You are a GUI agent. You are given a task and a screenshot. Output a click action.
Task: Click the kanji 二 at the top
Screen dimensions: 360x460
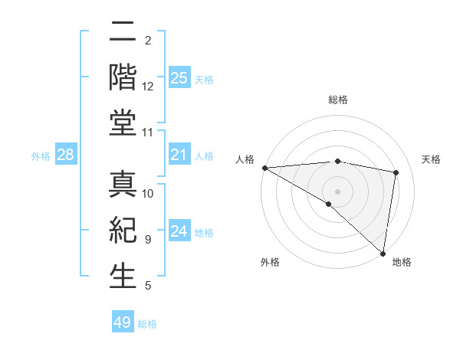123,33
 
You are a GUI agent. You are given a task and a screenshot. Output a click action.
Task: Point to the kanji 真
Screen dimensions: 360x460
123,186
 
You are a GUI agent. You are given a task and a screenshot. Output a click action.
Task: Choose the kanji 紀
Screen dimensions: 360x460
123,231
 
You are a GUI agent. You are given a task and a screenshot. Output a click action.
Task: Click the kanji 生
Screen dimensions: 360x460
123,275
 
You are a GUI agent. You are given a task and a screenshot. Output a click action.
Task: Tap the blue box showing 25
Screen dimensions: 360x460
179,78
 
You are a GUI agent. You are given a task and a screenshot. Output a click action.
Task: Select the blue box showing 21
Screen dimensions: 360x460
179,155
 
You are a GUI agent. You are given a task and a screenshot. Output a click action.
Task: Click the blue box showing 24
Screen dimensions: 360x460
179,231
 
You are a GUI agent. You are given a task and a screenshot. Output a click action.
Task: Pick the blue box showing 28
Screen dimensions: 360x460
66,155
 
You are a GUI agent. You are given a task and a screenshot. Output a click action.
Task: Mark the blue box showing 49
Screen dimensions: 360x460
123,322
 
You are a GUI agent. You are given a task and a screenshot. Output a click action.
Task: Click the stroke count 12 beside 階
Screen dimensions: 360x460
148,87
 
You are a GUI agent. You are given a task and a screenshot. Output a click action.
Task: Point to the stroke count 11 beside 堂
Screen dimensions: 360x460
148,133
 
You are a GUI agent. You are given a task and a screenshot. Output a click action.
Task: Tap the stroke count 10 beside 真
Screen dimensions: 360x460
148,193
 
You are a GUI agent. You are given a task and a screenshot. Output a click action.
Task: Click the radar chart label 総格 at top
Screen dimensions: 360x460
337,100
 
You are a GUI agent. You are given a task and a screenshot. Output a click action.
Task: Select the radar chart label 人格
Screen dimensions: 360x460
245,159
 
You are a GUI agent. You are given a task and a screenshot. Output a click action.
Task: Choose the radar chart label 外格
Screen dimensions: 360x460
270,262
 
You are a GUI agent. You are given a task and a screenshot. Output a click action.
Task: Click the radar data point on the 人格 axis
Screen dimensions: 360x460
264,168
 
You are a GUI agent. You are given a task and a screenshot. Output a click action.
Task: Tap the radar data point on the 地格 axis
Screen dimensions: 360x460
383,252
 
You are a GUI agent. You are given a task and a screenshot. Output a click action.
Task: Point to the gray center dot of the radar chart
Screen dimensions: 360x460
337,191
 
